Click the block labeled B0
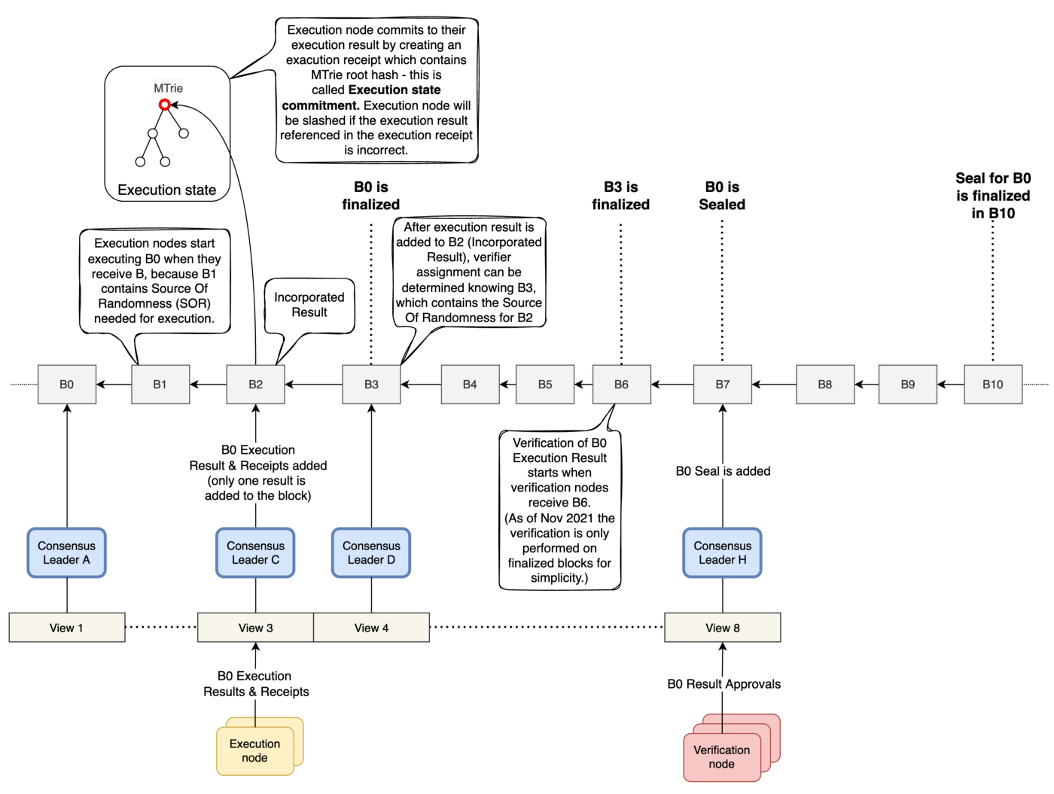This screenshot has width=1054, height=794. [x=67, y=385]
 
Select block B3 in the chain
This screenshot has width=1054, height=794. [x=371, y=385]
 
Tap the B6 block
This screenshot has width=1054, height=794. [x=621, y=385]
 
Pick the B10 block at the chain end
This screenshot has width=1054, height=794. [x=992, y=385]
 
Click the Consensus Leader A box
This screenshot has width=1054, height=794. [x=67, y=553]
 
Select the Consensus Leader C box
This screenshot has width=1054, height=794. [x=255, y=553]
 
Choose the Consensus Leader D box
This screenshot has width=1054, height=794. [x=371, y=553]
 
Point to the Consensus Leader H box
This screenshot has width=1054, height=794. [x=722, y=553]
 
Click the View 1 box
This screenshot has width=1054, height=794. [x=67, y=628]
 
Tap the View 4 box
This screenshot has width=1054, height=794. [x=371, y=628]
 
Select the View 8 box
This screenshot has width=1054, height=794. [x=722, y=628]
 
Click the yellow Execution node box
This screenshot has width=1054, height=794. [x=254, y=751]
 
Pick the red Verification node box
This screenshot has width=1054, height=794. [x=721, y=757]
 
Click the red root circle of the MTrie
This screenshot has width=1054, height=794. [x=164, y=105]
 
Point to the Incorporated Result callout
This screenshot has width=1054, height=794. [x=309, y=305]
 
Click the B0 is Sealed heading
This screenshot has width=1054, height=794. [x=722, y=196]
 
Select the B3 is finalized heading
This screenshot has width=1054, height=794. [x=620, y=196]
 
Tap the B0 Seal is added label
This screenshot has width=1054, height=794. [x=723, y=471]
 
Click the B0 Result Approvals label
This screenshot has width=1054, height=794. [x=723, y=684]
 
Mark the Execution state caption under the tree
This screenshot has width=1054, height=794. [x=167, y=190]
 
